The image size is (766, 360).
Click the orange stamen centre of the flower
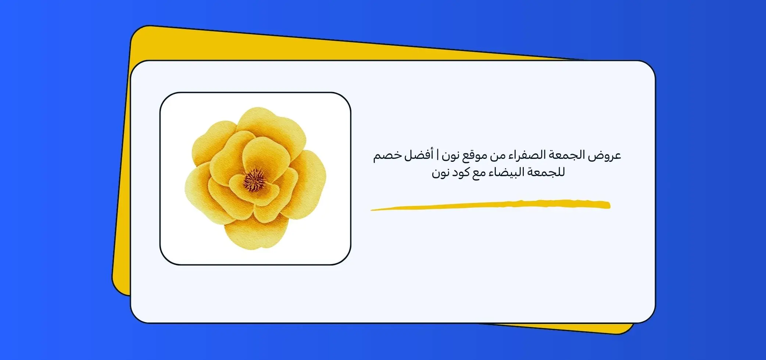(x=254, y=179)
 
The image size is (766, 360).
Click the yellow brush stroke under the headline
(x=490, y=205)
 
